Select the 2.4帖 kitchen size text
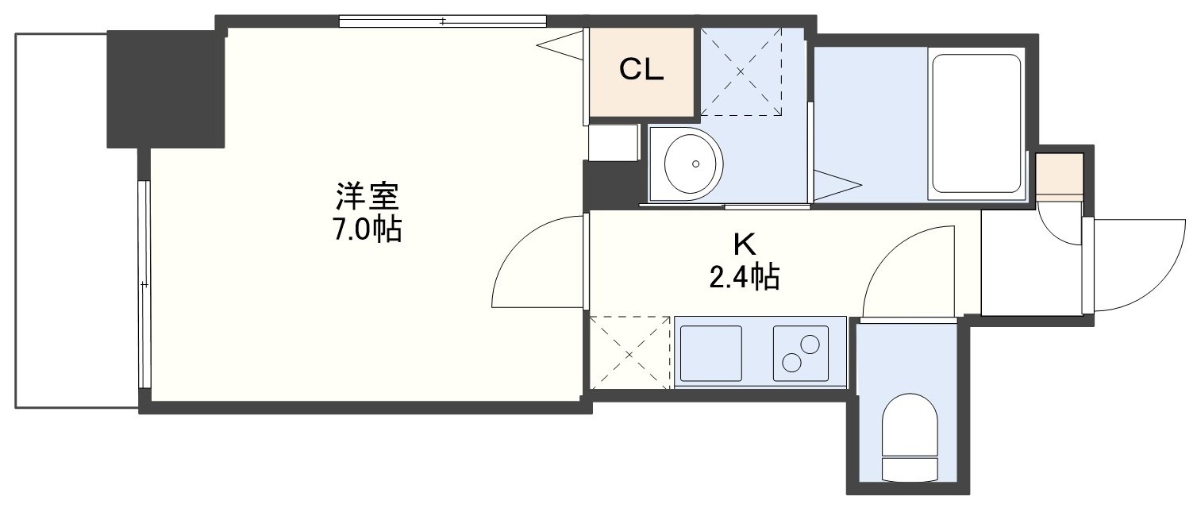point(743,276)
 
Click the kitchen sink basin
point(711,352)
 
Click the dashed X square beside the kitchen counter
point(630,352)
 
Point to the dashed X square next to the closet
point(741,71)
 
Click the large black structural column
point(165,89)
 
